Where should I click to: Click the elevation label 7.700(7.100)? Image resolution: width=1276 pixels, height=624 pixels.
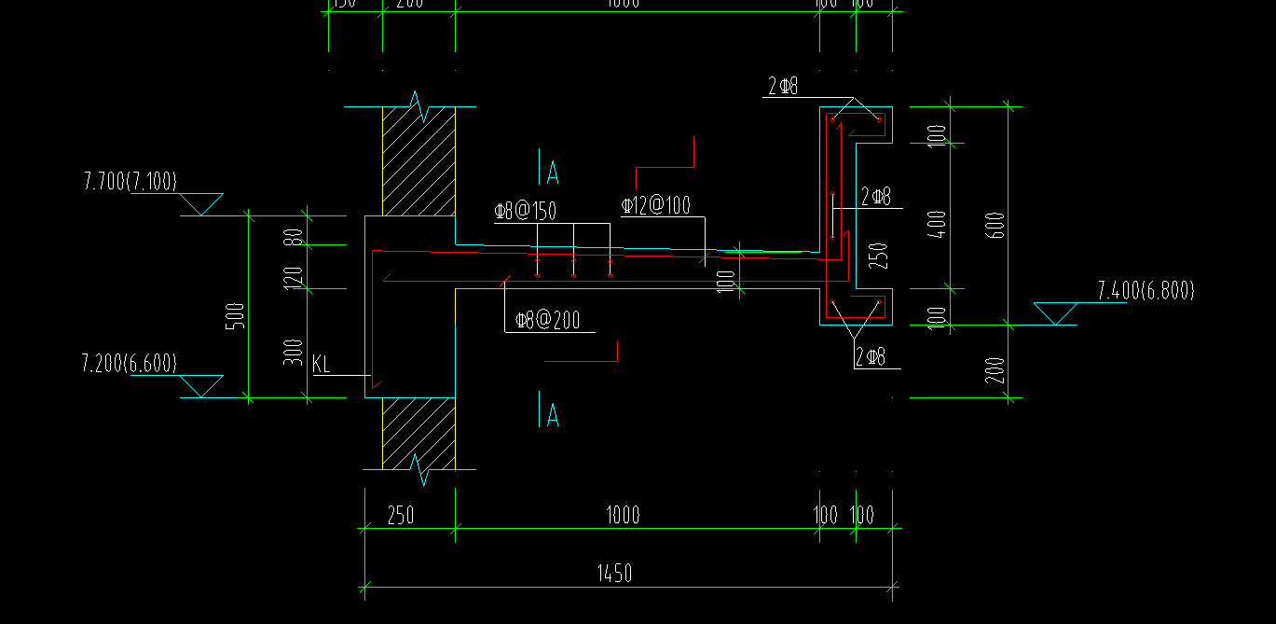pyautogui.click(x=130, y=181)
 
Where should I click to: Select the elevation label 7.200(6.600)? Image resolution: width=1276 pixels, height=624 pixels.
pyautogui.click(x=130, y=363)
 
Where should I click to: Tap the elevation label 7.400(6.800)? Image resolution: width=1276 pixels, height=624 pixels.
pyautogui.click(x=1146, y=291)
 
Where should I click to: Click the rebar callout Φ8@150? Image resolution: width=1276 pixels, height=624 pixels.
pyautogui.click(x=526, y=212)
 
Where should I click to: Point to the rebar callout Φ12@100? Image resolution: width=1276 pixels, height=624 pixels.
pyautogui.click(x=656, y=205)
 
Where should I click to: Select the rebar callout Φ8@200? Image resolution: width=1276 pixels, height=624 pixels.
pyautogui.click(x=548, y=321)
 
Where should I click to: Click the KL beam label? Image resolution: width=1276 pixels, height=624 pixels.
pyautogui.click(x=322, y=364)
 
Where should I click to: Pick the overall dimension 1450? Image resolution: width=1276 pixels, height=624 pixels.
pyautogui.click(x=613, y=573)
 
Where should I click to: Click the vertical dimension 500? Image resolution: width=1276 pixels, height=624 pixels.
pyautogui.click(x=237, y=315)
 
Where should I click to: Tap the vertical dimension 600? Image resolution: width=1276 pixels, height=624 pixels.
pyautogui.click(x=995, y=224)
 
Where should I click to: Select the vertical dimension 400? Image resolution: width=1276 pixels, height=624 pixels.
pyautogui.click(x=939, y=224)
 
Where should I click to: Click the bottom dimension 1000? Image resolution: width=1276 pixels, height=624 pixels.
pyautogui.click(x=623, y=515)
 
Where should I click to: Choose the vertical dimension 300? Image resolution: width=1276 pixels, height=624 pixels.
pyautogui.click(x=294, y=351)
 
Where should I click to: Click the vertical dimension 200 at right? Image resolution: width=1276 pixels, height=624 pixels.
pyautogui.click(x=995, y=369)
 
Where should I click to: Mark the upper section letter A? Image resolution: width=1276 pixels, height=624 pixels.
pyautogui.click(x=553, y=173)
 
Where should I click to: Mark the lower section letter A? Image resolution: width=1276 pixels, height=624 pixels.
pyautogui.click(x=553, y=415)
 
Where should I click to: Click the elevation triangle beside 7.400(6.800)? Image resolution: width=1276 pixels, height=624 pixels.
pyautogui.click(x=1056, y=313)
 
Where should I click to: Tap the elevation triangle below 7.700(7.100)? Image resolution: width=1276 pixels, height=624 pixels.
pyautogui.click(x=200, y=204)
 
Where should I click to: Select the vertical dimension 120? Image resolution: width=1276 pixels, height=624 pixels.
pyautogui.click(x=294, y=276)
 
